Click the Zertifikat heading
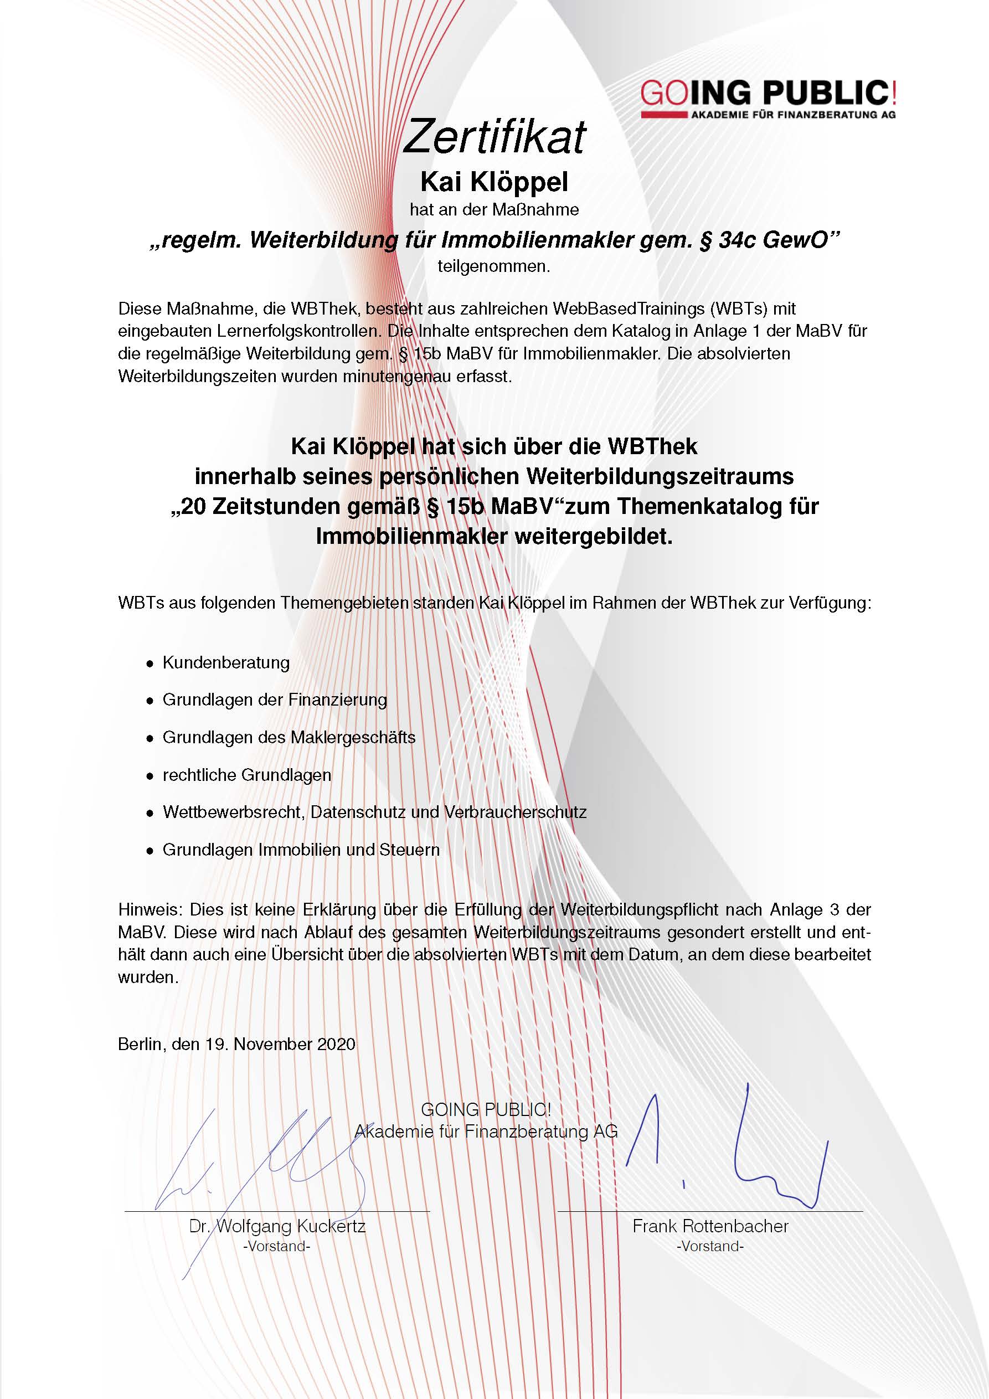tap(494, 136)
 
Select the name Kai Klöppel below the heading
tap(494, 182)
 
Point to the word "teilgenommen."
tap(493, 266)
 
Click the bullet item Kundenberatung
tap(225, 663)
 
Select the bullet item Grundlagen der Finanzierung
tap(274, 699)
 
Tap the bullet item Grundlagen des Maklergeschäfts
tap(289, 737)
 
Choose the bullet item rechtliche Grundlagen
tap(246, 775)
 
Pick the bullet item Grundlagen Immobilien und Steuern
tap(301, 850)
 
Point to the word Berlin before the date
tap(140, 1045)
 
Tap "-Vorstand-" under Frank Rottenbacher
tap(710, 1247)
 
